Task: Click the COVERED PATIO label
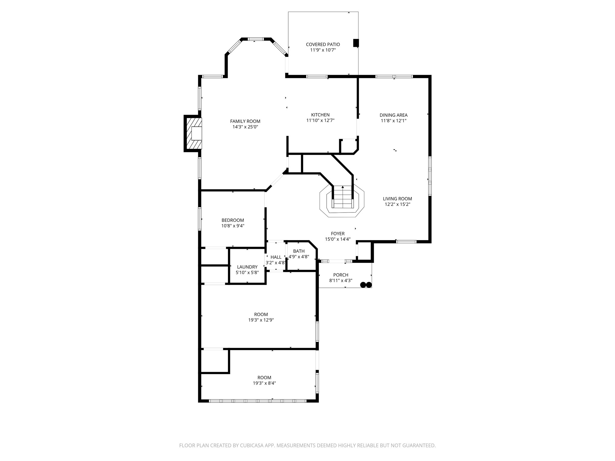[323, 44]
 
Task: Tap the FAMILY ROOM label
[245, 121]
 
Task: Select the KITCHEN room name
[320, 115]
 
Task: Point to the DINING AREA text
[393, 115]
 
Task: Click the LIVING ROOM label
[397, 199]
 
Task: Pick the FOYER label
[338, 234]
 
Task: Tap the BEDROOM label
[233, 220]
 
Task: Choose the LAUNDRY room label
[247, 267]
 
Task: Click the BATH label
[299, 251]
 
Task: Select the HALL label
[276, 257]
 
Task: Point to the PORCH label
[341, 275]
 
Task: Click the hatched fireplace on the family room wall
[194, 133]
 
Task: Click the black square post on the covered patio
[356, 43]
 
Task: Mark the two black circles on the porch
[366, 285]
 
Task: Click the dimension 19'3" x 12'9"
[261, 320]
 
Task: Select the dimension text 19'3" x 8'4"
[264, 383]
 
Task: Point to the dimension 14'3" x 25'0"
[245, 127]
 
